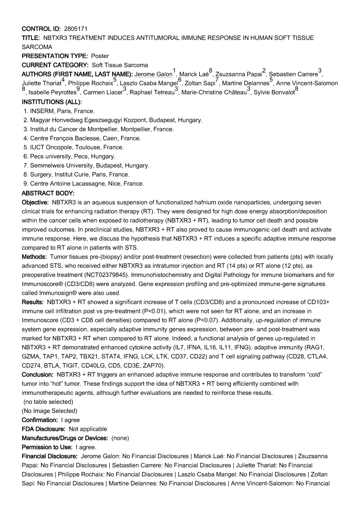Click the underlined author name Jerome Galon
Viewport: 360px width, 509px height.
click(x=153, y=74)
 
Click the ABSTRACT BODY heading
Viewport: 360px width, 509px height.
click(x=48, y=193)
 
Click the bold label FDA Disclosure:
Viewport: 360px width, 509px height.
click(x=44, y=429)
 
